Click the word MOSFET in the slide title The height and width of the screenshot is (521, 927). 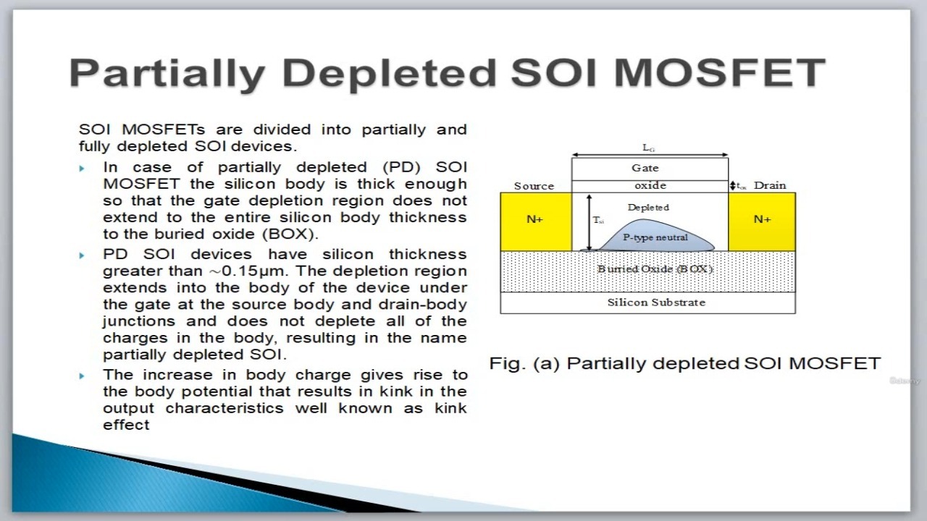click(x=720, y=72)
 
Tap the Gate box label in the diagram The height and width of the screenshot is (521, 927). click(x=645, y=168)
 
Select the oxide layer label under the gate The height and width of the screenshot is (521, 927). click(x=650, y=186)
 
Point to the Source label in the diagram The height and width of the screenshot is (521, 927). click(x=534, y=186)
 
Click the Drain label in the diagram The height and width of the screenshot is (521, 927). click(x=770, y=185)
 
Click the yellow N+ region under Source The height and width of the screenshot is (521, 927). click(x=536, y=221)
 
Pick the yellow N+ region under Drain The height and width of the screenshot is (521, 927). click(x=762, y=221)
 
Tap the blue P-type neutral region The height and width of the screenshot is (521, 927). click(x=656, y=237)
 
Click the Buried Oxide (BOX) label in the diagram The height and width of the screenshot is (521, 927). click(x=655, y=269)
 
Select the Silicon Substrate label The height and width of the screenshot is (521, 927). click(x=656, y=302)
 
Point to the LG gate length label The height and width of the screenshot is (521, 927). click(x=648, y=148)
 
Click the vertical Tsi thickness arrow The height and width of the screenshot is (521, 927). click(x=590, y=222)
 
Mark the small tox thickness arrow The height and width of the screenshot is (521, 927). click(x=732, y=186)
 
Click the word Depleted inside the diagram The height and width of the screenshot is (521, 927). click(x=648, y=207)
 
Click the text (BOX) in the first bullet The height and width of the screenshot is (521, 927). click(x=290, y=234)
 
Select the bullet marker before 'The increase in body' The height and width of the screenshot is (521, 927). click(x=82, y=376)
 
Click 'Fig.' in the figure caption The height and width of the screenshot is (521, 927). click(x=505, y=364)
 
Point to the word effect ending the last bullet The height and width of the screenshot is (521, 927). click(x=126, y=425)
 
